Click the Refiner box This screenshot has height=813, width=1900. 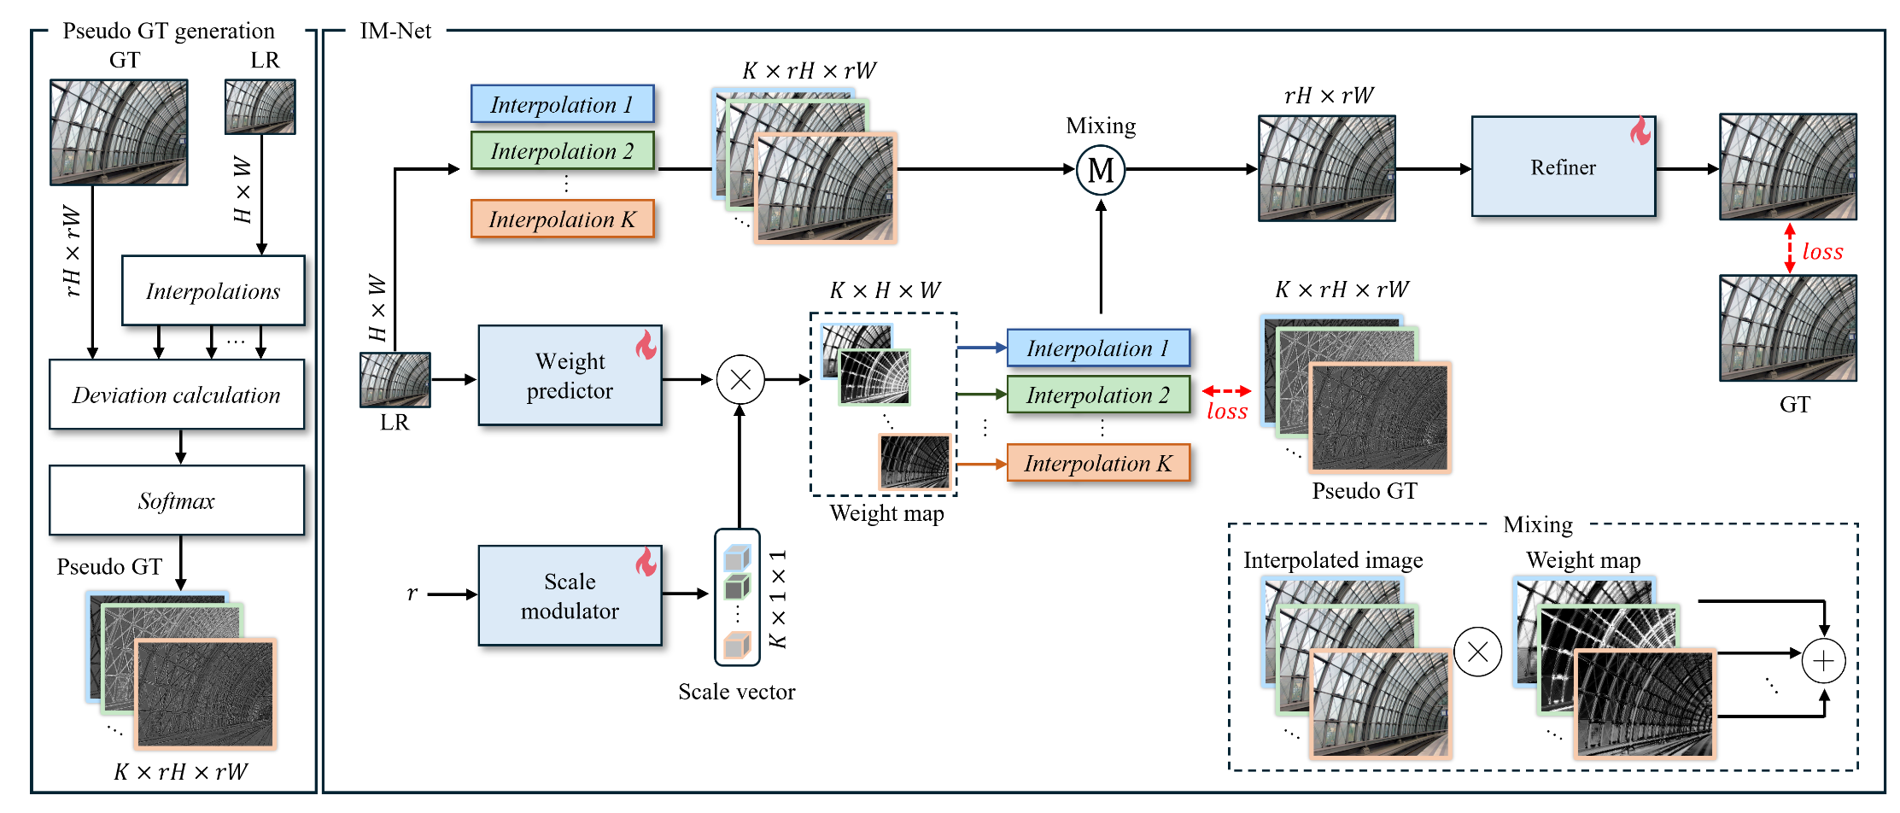coord(1563,167)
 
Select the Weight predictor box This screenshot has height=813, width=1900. coord(570,376)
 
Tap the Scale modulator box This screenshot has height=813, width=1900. coord(570,596)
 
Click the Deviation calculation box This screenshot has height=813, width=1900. coord(177,395)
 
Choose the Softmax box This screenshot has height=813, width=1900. coord(177,500)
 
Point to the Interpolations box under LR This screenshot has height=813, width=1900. coord(213,291)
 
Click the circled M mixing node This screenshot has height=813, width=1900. coord(1101,170)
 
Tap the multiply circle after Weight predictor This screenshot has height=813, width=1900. coord(740,379)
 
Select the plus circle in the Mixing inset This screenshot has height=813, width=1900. coord(1823,660)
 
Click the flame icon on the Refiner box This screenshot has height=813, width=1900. coord(1640,131)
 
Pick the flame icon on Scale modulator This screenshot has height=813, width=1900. coord(646,561)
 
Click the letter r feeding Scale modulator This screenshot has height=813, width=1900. coord(412,594)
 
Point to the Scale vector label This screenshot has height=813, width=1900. coord(736,692)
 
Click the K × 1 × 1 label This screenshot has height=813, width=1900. coord(778,599)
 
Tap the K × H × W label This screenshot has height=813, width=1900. coord(885,290)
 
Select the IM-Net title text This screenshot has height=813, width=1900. coord(395,31)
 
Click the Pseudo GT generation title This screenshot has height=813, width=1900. coord(168,31)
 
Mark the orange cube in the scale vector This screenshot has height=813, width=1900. coord(736,646)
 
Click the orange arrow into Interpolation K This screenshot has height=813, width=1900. coord(981,464)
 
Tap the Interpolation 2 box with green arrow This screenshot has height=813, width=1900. coord(1098,395)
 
